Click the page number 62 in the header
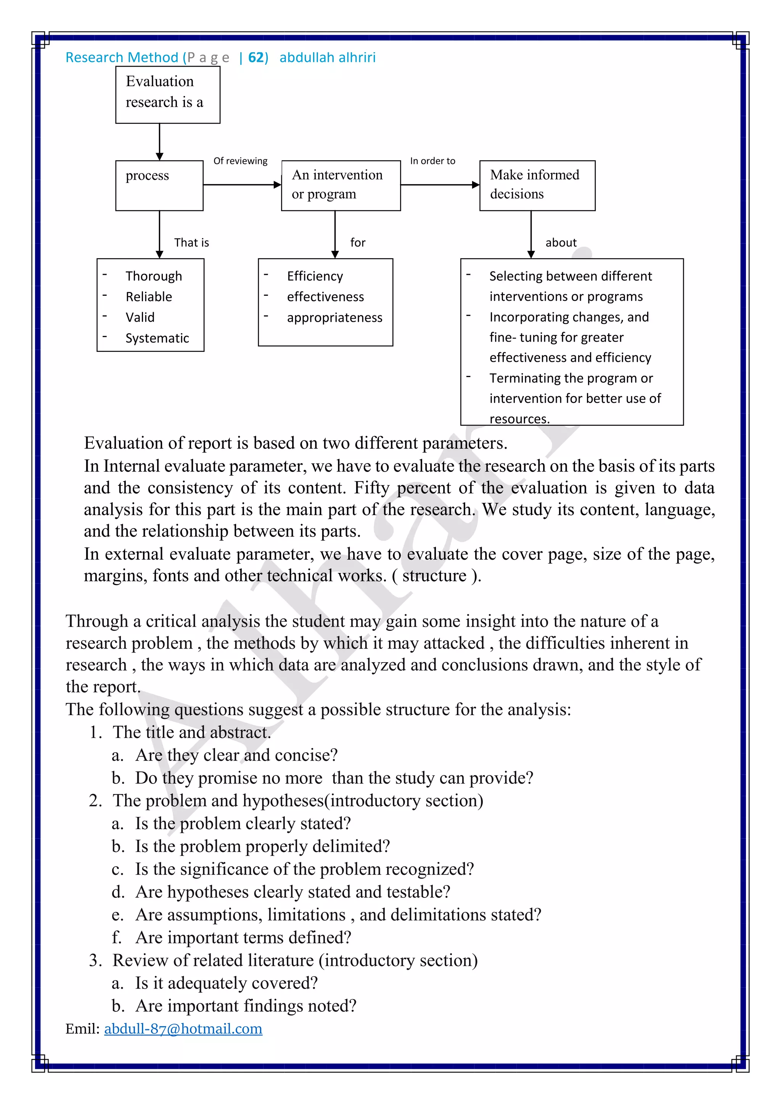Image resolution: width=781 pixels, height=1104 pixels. [256, 58]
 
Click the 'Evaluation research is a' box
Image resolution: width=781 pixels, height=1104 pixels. [167, 94]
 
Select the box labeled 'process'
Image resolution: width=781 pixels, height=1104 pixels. [159, 185]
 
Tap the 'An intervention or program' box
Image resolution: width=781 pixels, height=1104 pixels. [341, 185]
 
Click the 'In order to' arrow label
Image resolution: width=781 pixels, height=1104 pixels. [432, 161]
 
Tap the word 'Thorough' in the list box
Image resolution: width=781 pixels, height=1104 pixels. [154, 276]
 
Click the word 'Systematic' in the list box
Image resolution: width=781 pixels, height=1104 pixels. [157, 339]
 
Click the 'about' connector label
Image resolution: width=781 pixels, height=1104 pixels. [561, 243]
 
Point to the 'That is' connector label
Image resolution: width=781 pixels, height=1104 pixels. [191, 243]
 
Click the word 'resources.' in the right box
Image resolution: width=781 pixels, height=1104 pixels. [519, 419]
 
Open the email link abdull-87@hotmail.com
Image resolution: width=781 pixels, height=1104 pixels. [183, 1029]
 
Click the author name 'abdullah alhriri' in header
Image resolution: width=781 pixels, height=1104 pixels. [327, 58]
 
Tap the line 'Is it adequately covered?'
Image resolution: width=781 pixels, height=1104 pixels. [226, 983]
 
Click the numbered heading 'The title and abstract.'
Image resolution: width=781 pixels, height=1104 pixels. [191, 732]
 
